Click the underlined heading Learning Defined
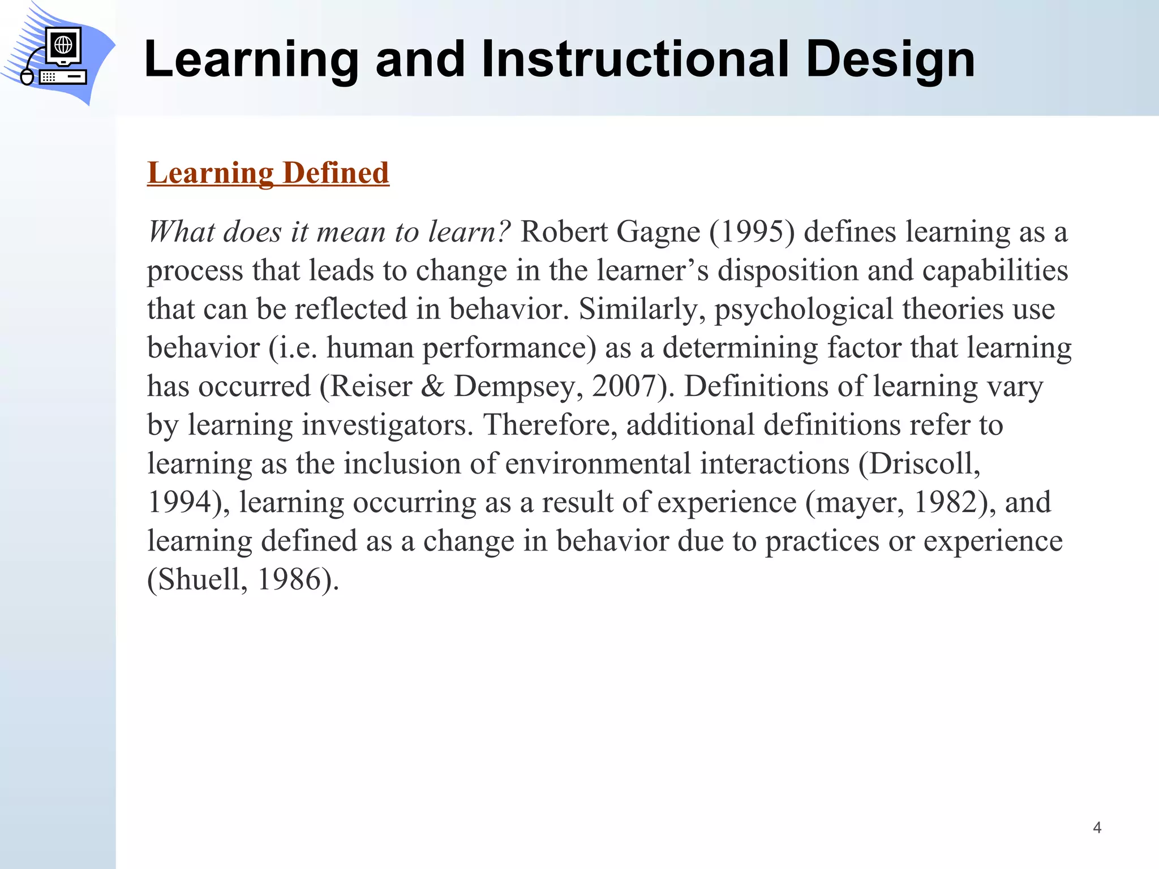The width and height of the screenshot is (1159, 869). coord(268,173)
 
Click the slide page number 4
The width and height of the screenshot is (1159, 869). coord(1097,828)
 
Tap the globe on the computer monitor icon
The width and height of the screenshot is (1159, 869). coord(63,44)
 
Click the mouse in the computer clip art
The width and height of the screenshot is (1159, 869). coord(27,76)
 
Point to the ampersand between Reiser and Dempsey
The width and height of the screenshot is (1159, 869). coord(432,387)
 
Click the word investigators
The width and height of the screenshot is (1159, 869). coord(386,425)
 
